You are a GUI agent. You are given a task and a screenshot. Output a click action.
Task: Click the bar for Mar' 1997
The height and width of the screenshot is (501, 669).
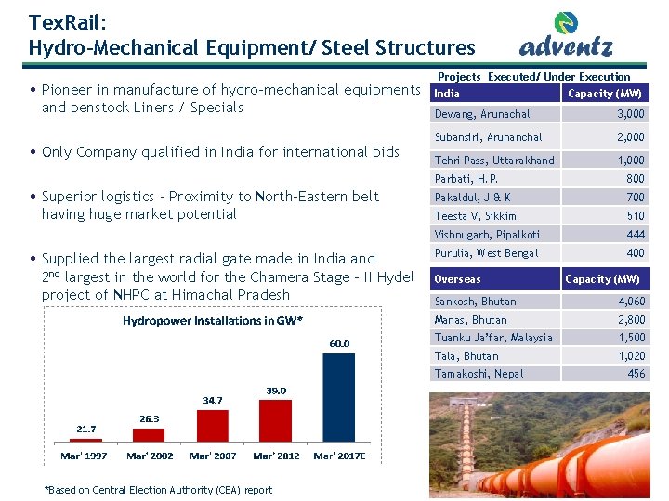pyautogui.click(x=85, y=443)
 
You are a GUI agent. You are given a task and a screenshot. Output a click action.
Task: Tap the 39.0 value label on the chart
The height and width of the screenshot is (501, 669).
pyautogui.click(x=276, y=391)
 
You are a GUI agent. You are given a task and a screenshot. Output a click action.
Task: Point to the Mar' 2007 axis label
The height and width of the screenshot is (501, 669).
pyautogui.click(x=213, y=456)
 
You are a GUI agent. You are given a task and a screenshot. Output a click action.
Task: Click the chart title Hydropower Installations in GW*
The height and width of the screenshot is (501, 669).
pyautogui.click(x=214, y=321)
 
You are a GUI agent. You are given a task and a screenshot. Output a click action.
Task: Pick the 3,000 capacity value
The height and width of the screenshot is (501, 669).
pyautogui.click(x=631, y=114)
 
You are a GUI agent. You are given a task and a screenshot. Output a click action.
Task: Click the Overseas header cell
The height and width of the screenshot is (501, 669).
pyautogui.click(x=458, y=279)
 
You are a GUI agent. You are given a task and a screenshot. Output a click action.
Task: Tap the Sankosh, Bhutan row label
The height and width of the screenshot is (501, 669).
pyautogui.click(x=476, y=302)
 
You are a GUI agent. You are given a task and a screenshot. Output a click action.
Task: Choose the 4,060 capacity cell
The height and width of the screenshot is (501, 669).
pyautogui.click(x=630, y=302)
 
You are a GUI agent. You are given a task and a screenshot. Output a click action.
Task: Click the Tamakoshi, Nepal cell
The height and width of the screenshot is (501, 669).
pyautogui.click(x=479, y=374)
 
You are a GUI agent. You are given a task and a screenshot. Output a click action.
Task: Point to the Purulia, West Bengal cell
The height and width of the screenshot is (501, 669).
pyautogui.click(x=486, y=253)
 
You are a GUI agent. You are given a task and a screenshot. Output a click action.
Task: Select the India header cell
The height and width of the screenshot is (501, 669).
pyautogui.click(x=447, y=94)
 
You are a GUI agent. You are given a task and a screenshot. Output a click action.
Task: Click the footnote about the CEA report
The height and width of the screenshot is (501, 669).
pyautogui.click(x=159, y=490)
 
